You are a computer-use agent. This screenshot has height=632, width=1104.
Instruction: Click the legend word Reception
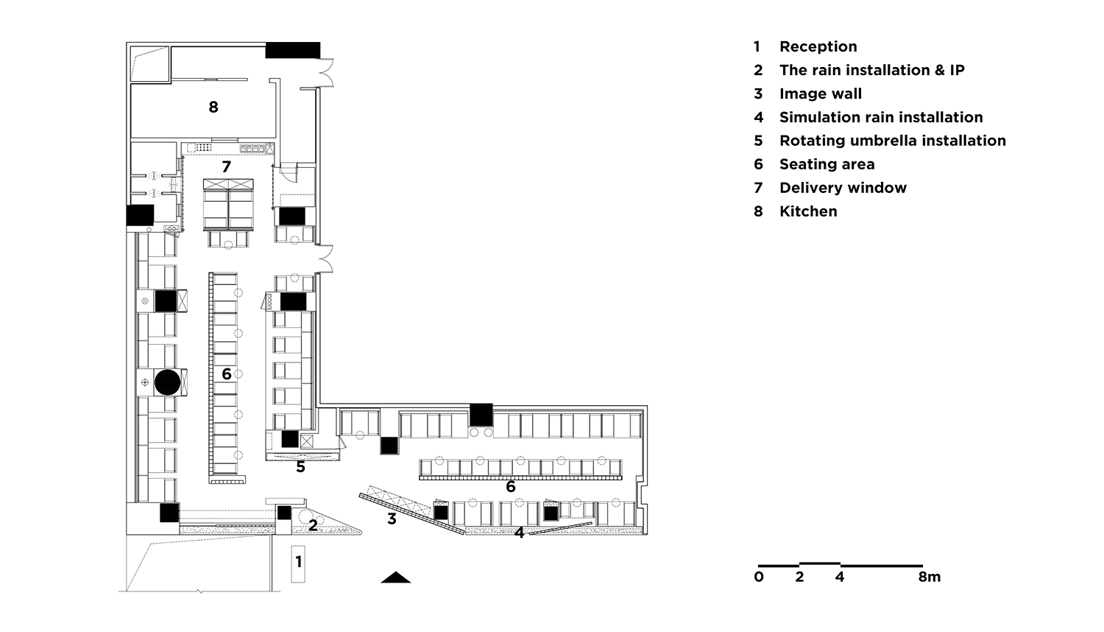point(818,47)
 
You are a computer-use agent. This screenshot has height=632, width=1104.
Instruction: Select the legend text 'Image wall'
point(821,94)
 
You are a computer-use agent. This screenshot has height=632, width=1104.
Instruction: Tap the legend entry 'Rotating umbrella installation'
point(893,141)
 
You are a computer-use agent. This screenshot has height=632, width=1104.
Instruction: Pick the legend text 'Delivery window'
point(843,188)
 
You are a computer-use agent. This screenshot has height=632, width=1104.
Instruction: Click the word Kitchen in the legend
point(808,211)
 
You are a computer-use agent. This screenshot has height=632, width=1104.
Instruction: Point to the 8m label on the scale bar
point(929,577)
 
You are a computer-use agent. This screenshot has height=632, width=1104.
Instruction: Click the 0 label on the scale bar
point(759,577)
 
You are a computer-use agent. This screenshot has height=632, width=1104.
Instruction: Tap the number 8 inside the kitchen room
point(213,107)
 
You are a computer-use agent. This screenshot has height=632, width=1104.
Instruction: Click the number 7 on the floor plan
point(226,166)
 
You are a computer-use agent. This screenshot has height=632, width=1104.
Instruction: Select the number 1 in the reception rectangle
point(298,561)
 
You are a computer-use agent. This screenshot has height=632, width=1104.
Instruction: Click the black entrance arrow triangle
point(396,577)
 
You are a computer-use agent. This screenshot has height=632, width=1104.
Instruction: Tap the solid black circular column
point(168,382)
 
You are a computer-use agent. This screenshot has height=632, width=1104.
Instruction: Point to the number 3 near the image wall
point(392,519)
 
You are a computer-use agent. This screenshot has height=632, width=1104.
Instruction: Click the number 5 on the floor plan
point(300,467)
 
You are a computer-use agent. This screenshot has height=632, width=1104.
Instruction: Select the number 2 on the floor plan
point(313,525)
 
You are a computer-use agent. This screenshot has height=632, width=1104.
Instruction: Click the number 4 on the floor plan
point(519,533)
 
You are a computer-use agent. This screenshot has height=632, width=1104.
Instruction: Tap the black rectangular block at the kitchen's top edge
point(293,50)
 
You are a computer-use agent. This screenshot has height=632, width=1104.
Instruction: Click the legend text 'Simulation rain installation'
point(881,117)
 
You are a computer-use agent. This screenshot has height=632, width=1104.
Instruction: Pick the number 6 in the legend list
point(759,164)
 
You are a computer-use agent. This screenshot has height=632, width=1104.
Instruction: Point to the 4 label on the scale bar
point(840,577)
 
